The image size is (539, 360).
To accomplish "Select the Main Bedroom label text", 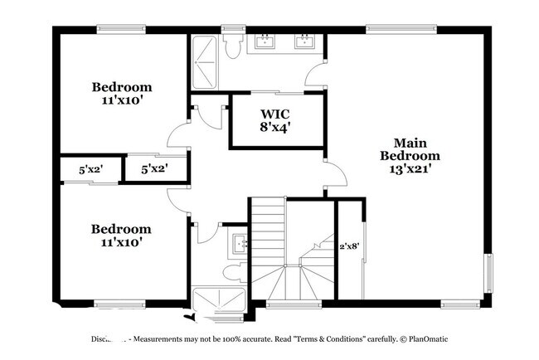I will tap(410, 149).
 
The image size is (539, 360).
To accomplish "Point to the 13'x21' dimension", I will tap(410, 168).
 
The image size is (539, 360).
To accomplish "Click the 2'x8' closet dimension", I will tap(349, 246).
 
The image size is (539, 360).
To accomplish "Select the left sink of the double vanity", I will tap(266, 41).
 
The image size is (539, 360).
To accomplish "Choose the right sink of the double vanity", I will tap(304, 41).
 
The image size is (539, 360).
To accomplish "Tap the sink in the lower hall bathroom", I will tap(240, 244).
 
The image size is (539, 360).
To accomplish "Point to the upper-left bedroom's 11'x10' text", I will tap(121, 100).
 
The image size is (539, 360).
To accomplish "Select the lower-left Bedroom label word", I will tap(121, 229).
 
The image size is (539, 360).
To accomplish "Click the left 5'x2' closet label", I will tap(90, 169).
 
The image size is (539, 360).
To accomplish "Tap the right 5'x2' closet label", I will tap(154, 169).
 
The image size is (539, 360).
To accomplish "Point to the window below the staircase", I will tap(294, 304).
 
